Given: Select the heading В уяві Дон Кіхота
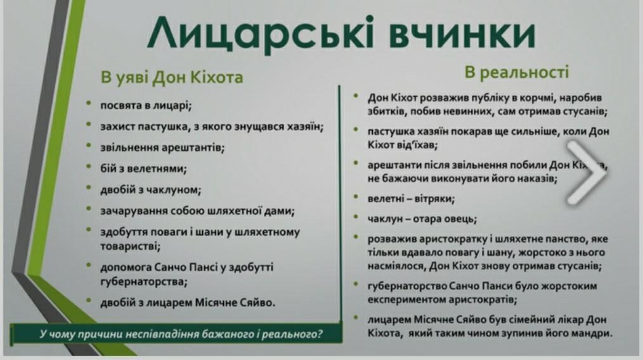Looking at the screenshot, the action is point(172,77).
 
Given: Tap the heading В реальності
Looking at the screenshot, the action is point(517,72).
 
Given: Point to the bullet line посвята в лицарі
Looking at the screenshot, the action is point(146,106).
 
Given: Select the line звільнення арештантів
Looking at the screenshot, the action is point(162,148).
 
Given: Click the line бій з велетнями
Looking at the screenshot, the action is point(143,169).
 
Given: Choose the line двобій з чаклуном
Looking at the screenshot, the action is point(150,190).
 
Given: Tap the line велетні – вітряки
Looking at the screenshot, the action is point(411,199).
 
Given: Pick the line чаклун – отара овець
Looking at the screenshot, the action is point(422,219).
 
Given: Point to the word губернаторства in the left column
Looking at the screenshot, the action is point(143,282).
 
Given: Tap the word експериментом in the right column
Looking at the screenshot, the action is point(406,300).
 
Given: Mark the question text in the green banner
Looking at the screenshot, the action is point(181,334).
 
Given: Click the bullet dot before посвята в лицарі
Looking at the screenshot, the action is point(89,103).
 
